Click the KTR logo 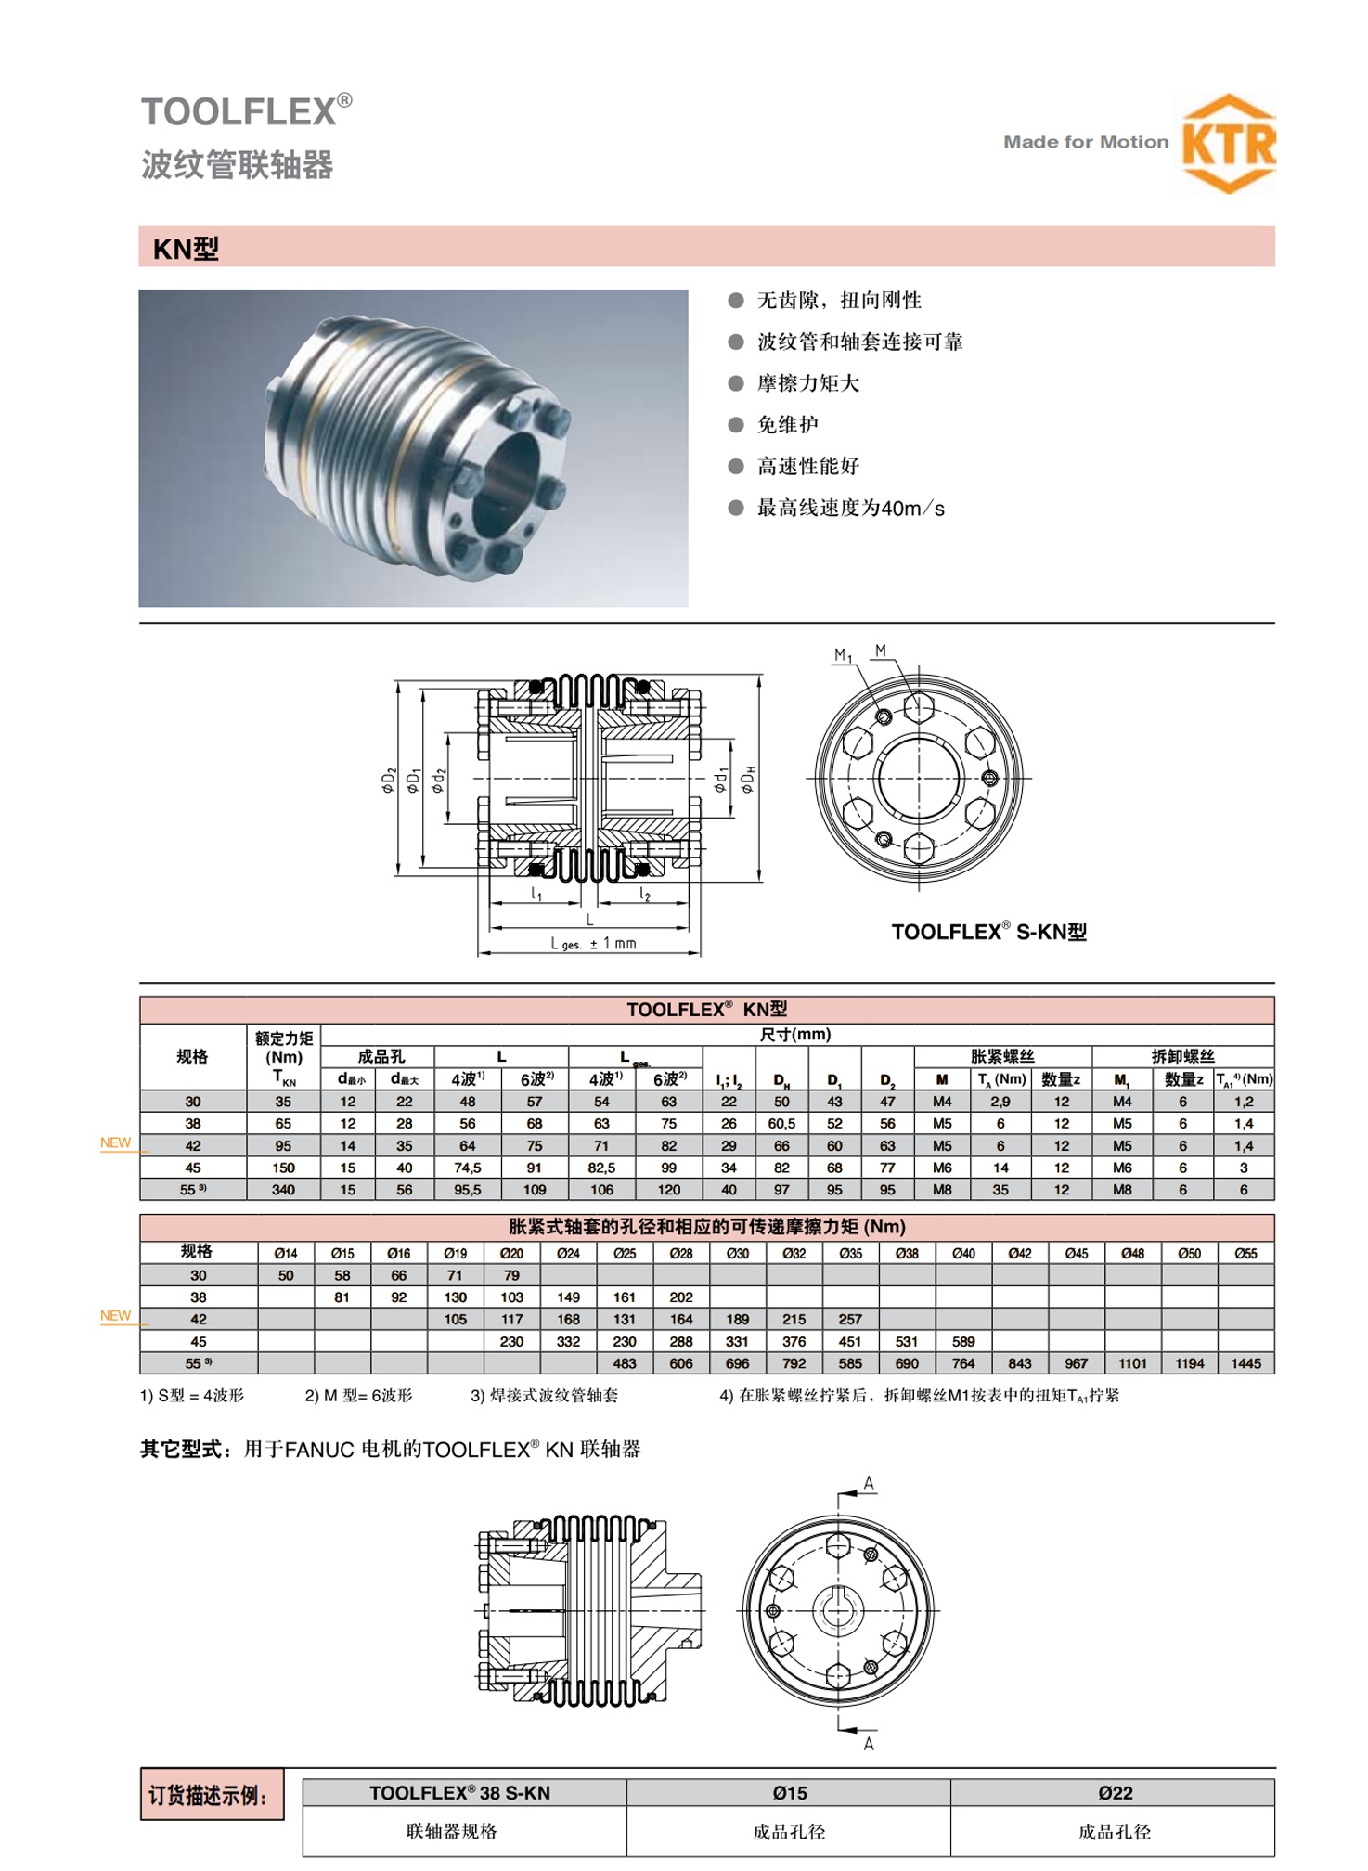coord(1228,144)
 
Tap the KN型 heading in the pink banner coord(186,249)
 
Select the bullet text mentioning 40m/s coord(850,508)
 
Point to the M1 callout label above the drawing coord(842,655)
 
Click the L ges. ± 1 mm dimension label coord(593,943)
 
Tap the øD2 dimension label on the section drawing coord(389,781)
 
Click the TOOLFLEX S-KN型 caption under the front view coord(988,932)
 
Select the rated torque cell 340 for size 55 coord(283,1190)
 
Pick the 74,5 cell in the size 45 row coord(467,1168)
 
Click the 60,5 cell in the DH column coord(781,1123)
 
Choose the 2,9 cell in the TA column coord(1000,1102)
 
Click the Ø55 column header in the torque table coord(1245,1253)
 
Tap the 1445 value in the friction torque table coord(1245,1363)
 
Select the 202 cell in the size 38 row coord(681,1297)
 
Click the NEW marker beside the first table coord(116,1142)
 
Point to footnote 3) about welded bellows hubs coord(544,1395)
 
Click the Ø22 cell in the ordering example coord(1115,1793)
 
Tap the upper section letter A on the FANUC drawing coord(869,1483)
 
